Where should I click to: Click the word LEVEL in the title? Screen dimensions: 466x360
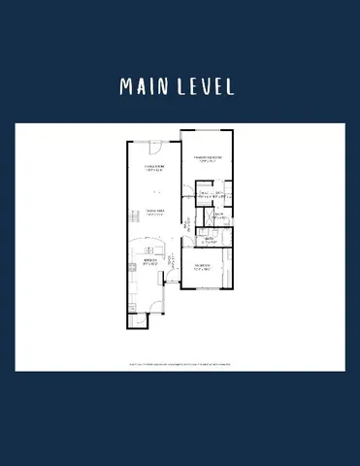(205, 85)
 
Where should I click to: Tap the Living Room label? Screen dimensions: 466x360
(152, 167)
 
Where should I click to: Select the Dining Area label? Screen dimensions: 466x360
(153, 212)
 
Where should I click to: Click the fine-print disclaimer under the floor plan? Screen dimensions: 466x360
(180, 366)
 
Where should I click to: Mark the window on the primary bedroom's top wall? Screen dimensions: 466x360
(206, 130)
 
